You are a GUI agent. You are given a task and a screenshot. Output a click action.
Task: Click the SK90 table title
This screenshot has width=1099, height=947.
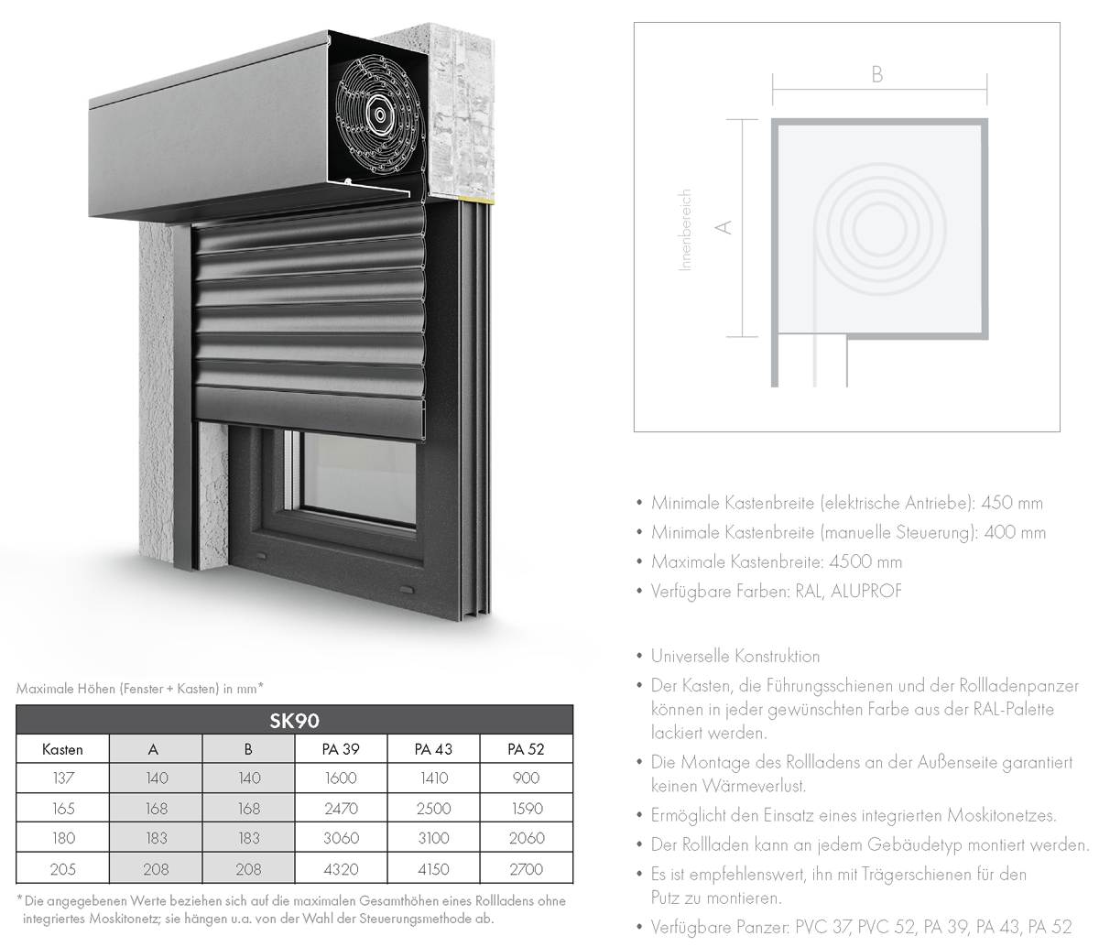coord(294,721)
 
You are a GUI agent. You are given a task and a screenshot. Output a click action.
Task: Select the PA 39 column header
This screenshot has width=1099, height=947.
coord(341,749)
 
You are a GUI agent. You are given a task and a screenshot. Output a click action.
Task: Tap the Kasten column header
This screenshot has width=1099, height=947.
coord(62,750)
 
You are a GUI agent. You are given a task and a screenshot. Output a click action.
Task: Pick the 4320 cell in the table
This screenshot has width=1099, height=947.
coord(341,869)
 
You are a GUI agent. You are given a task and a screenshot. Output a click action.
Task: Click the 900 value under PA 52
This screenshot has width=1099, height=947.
coord(526,778)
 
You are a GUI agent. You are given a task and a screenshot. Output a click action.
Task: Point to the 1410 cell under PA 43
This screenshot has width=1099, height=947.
coord(434,778)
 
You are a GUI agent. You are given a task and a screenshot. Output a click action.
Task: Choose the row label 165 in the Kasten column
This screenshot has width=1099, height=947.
coord(63,809)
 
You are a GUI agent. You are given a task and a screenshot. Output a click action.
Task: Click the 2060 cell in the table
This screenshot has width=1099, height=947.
coord(527,838)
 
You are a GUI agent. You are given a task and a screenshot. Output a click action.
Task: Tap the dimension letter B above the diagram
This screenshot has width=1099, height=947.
coord(877,75)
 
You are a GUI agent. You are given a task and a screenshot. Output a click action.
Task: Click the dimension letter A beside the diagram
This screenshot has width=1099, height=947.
coord(724,227)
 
